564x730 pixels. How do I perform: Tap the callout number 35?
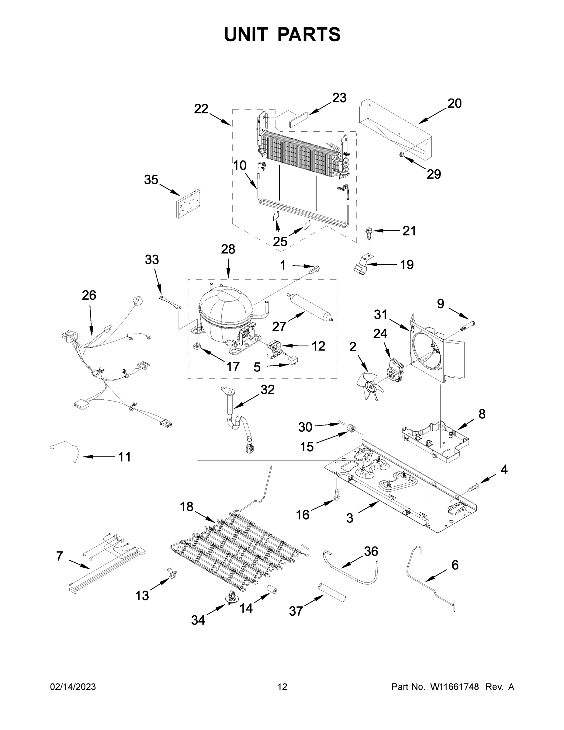pos(151,180)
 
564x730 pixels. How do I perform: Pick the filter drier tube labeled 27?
pos(309,307)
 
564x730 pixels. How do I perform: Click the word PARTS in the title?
pos(309,34)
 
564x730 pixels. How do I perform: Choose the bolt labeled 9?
pos(468,325)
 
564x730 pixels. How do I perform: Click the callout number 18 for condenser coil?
pos(186,507)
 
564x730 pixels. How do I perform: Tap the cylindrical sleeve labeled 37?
pos(331,592)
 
